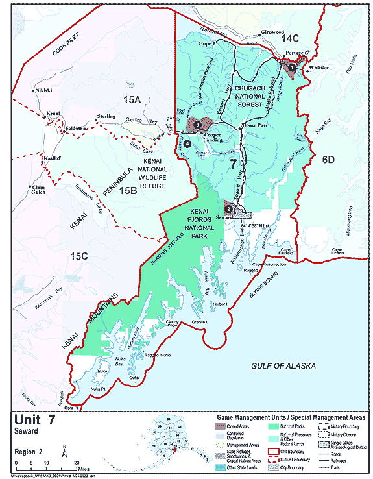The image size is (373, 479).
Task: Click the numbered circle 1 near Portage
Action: coord(292,66)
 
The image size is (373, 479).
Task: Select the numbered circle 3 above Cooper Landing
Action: coord(197,125)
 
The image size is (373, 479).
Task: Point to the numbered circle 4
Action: coord(187,143)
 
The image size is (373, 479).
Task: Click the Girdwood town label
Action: coord(272,32)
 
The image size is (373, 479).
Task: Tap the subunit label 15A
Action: coord(133,99)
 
